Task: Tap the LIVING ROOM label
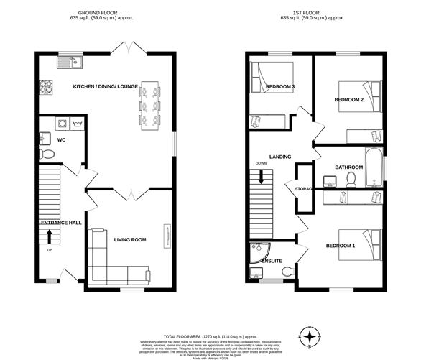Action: coord(129,240)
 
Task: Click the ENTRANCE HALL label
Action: coord(60,223)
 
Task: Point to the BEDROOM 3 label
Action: coord(280,87)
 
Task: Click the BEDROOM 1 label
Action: coord(341,246)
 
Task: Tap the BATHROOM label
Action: coord(349,167)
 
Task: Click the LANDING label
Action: coord(279,156)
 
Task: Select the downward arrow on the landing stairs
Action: coord(262,175)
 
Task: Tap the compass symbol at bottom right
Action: coord(310,337)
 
